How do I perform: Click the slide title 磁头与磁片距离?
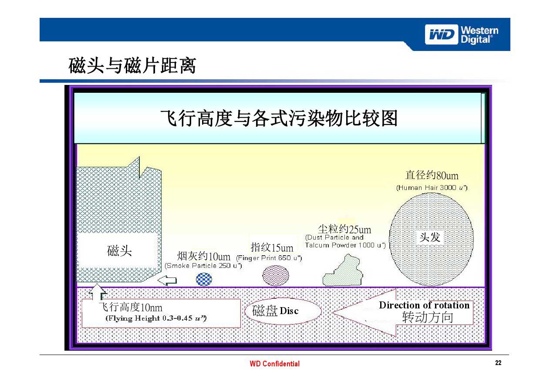click(132, 67)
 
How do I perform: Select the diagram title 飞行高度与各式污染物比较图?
click(279, 118)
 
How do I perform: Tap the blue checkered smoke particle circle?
click(204, 279)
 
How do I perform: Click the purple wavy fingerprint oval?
click(276, 275)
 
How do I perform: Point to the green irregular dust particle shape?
click(344, 272)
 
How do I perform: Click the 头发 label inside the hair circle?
click(430, 237)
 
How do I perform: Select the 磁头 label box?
click(119, 251)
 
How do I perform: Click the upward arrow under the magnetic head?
click(98, 293)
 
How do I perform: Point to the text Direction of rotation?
click(424, 305)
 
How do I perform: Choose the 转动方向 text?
click(427, 318)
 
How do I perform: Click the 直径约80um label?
click(432, 176)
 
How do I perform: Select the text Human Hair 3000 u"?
click(432, 188)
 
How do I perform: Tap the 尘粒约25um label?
click(344, 229)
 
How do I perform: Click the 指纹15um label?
click(272, 248)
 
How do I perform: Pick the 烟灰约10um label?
click(203, 256)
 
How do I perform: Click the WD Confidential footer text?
click(274, 364)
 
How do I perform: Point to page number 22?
click(498, 363)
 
